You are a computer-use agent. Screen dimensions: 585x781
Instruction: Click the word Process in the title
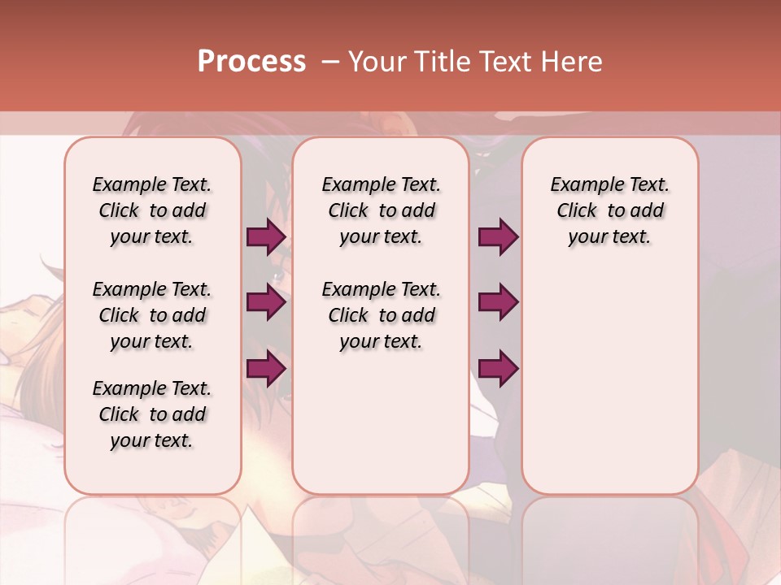(x=251, y=62)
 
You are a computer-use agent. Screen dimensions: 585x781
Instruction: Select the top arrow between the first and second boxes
(x=266, y=237)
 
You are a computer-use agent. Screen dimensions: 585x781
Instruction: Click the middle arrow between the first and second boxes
(x=266, y=303)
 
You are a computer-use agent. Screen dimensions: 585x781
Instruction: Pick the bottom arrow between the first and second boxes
(x=266, y=369)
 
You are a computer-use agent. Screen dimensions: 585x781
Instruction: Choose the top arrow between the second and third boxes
(x=498, y=237)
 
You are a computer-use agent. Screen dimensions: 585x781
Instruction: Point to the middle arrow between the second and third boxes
(x=498, y=303)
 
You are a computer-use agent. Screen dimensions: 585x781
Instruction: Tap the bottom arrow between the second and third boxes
(x=498, y=369)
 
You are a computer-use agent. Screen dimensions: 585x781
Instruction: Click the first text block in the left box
(x=152, y=210)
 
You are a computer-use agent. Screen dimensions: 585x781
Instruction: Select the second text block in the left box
(x=152, y=315)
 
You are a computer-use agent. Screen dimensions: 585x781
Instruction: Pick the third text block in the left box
(x=152, y=414)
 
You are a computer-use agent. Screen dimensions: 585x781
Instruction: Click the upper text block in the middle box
(x=381, y=210)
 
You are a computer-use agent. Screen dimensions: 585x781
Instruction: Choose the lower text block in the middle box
(x=381, y=315)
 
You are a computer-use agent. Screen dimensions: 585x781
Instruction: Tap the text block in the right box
(x=609, y=210)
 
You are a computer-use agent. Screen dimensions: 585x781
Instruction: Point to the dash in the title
(x=329, y=62)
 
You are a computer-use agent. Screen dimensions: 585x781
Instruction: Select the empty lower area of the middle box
(x=381, y=422)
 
